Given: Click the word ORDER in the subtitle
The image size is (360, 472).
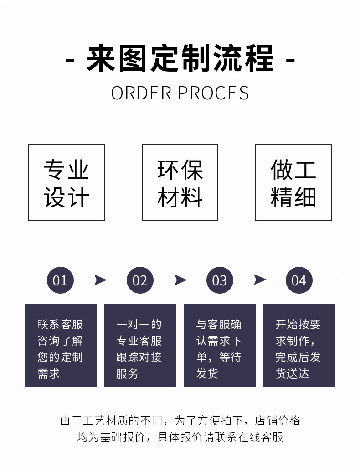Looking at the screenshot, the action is [x=141, y=93].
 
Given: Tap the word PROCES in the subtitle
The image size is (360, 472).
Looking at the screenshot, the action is [x=213, y=93].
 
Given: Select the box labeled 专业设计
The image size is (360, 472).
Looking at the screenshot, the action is [x=67, y=182].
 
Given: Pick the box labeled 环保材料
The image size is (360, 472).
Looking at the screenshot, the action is [x=180, y=182].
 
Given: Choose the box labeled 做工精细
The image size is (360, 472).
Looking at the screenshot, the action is [x=293, y=182].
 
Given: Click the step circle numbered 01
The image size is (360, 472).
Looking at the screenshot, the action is [x=60, y=280].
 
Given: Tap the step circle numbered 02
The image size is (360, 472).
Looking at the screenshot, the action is [x=140, y=280].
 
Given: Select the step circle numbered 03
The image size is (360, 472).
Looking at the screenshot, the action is [x=220, y=280].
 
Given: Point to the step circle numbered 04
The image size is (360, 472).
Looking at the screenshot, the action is [x=299, y=280].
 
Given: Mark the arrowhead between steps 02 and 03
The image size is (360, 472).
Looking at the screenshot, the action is [x=180, y=280].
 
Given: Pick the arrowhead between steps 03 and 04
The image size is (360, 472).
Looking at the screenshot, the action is [x=260, y=280].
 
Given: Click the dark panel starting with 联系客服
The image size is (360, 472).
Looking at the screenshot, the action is [x=61, y=345].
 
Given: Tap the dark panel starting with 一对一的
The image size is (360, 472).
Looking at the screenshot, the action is [x=140, y=345].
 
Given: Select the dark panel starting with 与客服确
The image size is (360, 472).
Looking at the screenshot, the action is [x=220, y=345].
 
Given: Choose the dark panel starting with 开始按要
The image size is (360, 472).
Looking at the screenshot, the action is [x=299, y=345].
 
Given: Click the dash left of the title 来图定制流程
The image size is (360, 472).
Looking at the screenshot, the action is [x=70, y=61].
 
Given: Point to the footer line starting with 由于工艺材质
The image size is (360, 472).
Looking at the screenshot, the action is [x=180, y=420].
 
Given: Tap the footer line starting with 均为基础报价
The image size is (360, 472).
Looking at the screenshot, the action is [x=180, y=437].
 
